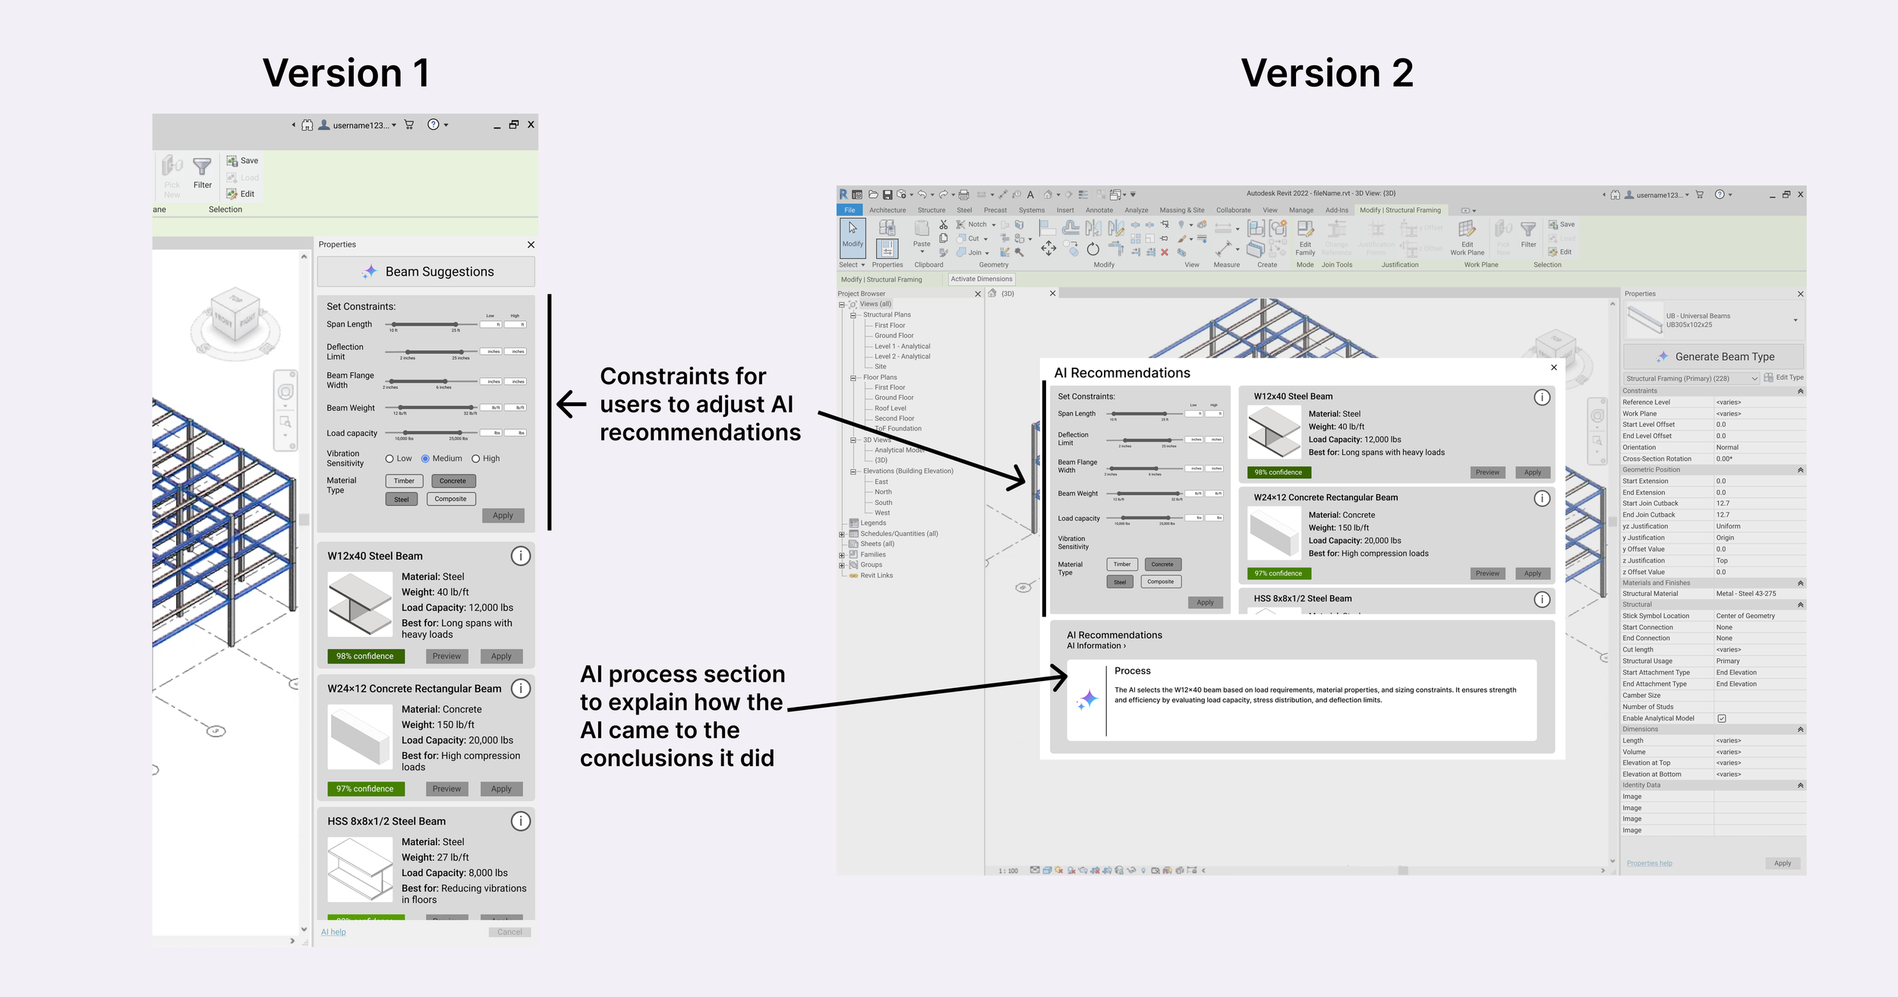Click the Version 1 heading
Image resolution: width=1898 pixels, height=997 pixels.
[x=346, y=74]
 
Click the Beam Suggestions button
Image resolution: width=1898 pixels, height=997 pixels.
[x=426, y=272]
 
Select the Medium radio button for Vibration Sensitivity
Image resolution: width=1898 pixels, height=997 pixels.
[x=426, y=459]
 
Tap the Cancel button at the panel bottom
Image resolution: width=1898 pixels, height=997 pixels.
[x=509, y=932]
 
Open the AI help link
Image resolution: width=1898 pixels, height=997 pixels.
[x=333, y=932]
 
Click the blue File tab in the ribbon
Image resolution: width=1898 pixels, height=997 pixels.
[x=850, y=210]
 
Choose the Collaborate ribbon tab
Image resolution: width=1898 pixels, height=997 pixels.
[x=1233, y=210]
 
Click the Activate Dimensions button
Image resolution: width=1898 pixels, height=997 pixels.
[x=981, y=279]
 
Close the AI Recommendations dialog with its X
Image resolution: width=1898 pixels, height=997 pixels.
[x=1553, y=368]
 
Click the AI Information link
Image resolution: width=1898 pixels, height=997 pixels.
[x=1096, y=646]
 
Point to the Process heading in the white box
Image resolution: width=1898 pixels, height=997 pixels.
[x=1132, y=671]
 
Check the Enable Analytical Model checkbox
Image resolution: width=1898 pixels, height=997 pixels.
[x=1721, y=718]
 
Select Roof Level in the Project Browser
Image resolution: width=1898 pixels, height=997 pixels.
[x=890, y=408]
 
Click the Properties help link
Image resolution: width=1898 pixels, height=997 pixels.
[x=1649, y=863]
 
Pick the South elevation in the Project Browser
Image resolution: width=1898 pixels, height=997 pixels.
[x=883, y=503]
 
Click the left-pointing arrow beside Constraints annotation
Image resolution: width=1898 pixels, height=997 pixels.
[x=572, y=404]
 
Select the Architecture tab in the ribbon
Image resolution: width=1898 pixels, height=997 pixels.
[x=888, y=210]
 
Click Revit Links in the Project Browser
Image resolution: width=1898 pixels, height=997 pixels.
[x=876, y=576]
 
